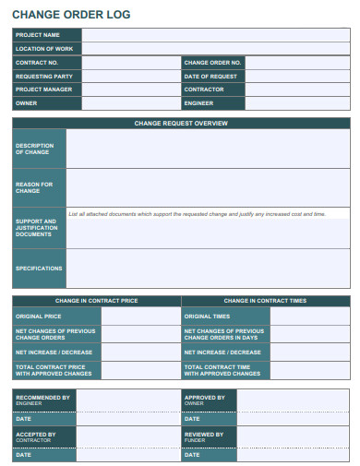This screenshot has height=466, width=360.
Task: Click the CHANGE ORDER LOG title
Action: click(71, 15)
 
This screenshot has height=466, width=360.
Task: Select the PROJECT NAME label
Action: click(38, 35)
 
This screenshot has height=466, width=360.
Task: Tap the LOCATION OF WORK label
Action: click(44, 48)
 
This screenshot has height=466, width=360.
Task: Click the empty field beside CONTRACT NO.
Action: click(131, 63)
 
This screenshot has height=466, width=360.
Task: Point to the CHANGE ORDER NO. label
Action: click(213, 63)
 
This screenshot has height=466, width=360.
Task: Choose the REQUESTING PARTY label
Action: click(44, 76)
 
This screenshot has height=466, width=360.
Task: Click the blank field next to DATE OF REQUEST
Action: click(297, 76)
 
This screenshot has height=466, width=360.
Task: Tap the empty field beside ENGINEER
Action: click(297, 103)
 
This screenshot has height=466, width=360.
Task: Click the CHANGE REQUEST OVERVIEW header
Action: click(181, 123)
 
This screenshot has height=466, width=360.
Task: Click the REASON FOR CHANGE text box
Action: click(208, 187)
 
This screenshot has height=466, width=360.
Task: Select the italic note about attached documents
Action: click(198, 213)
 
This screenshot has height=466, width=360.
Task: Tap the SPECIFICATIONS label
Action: click(39, 269)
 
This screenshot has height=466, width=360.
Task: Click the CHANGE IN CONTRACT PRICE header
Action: click(97, 301)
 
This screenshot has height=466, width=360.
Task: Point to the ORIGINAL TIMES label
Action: click(208, 316)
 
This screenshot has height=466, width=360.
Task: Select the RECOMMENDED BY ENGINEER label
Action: click(42, 400)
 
